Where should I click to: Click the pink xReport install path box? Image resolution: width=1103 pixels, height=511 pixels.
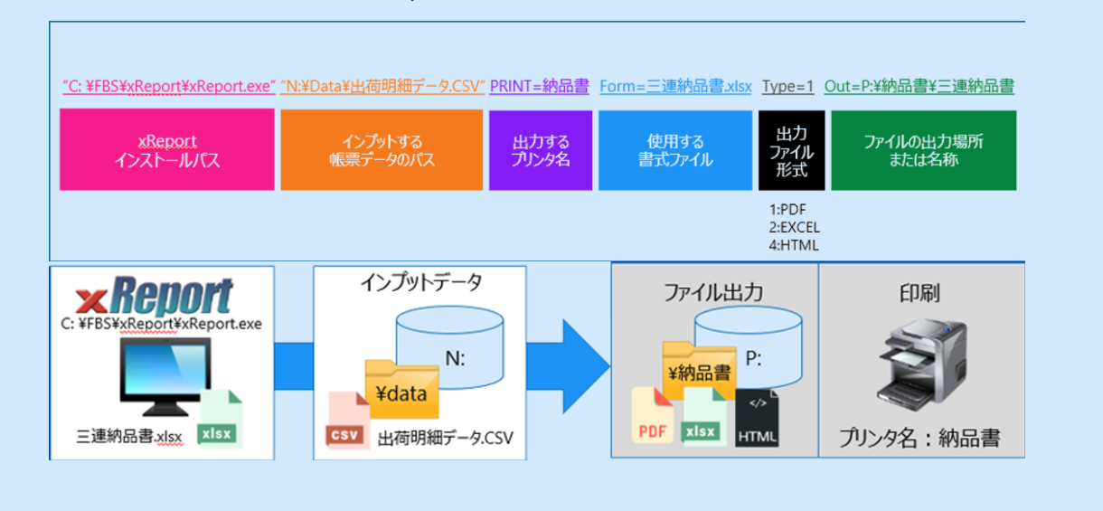click(x=166, y=150)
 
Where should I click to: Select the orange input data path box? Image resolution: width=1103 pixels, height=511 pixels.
click(x=382, y=150)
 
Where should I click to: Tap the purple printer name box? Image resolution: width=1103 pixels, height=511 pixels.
click(x=541, y=150)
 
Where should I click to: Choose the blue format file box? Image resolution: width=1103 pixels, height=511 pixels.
click(x=674, y=150)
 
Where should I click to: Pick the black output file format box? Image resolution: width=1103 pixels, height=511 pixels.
click(x=791, y=150)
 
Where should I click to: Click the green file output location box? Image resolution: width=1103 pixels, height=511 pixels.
click(x=923, y=150)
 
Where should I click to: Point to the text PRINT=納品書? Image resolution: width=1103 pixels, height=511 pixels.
click(x=539, y=87)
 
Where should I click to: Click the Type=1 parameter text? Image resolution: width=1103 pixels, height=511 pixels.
click(x=787, y=87)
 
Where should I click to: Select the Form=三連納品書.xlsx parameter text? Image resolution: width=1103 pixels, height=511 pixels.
click(x=675, y=87)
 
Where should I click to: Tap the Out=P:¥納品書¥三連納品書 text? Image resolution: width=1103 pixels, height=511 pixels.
click(x=919, y=87)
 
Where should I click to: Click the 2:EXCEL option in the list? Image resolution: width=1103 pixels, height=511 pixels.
click(x=794, y=228)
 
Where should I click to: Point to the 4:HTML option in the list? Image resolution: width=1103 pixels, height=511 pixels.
click(x=792, y=244)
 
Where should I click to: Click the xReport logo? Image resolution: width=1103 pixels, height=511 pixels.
click(x=155, y=297)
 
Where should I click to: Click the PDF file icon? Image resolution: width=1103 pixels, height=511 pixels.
click(x=654, y=417)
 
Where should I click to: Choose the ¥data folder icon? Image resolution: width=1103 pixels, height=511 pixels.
click(x=401, y=390)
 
